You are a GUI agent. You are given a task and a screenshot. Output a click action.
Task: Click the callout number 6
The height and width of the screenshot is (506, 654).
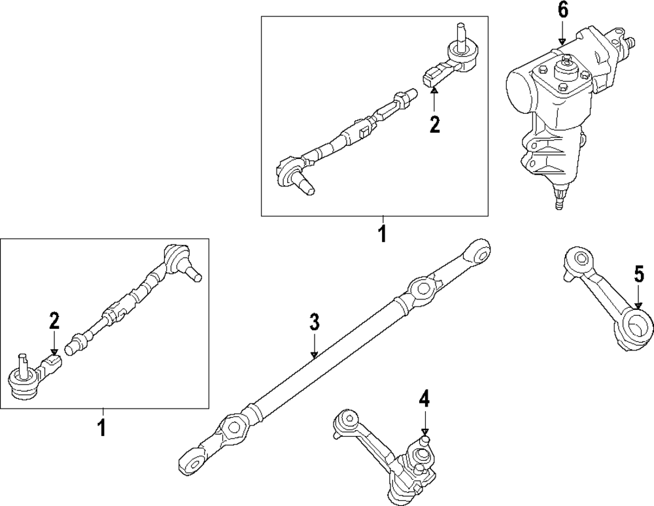click(x=562, y=10)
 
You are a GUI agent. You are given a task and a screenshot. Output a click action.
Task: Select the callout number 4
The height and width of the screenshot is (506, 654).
click(x=424, y=398)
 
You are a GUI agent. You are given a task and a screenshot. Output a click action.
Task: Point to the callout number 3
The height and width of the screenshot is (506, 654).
click(x=314, y=322)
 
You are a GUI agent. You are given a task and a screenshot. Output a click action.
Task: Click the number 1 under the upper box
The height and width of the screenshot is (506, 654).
click(x=382, y=233)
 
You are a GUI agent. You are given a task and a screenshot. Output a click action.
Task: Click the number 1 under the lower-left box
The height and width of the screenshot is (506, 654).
click(x=101, y=428)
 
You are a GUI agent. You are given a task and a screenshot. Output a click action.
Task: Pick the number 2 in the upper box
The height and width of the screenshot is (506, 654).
click(x=434, y=124)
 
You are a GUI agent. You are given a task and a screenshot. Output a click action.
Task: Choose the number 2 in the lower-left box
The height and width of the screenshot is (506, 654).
click(x=54, y=320)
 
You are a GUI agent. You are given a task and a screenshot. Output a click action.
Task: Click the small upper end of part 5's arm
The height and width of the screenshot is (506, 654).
click(x=577, y=260)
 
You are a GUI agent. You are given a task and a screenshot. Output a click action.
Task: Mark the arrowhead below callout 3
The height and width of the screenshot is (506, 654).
click(x=314, y=355)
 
